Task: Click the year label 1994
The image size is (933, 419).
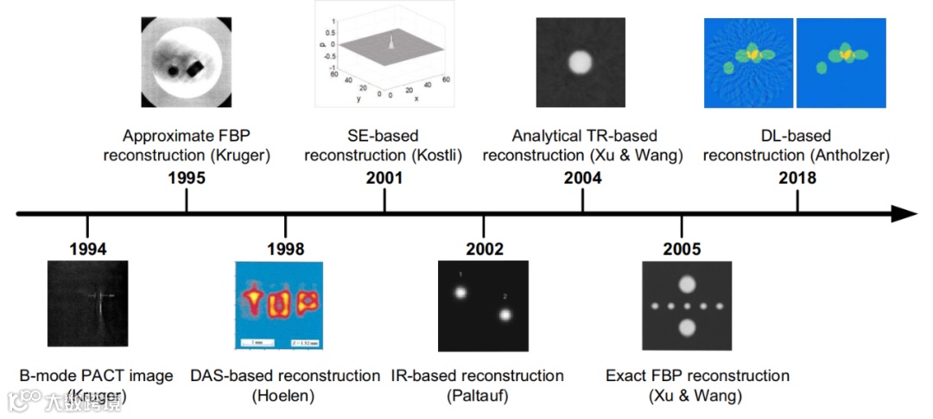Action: click(88, 249)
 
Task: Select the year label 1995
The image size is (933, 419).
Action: click(187, 179)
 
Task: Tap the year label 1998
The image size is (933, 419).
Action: click(286, 249)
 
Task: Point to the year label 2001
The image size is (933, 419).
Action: click(384, 179)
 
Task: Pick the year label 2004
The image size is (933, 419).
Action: click(583, 179)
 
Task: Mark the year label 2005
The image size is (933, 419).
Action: click(682, 249)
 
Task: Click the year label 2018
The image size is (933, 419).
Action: click(797, 179)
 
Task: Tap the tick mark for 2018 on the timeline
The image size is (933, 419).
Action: click(797, 201)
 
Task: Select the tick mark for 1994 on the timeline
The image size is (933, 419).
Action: click(88, 225)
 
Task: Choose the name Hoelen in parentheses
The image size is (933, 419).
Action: click(285, 396)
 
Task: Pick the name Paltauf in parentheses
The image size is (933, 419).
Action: click(477, 396)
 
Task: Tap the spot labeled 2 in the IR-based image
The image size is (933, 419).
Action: click(505, 314)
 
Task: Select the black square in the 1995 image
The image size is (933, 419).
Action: click(195, 65)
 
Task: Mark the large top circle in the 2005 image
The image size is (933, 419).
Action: click(688, 283)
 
